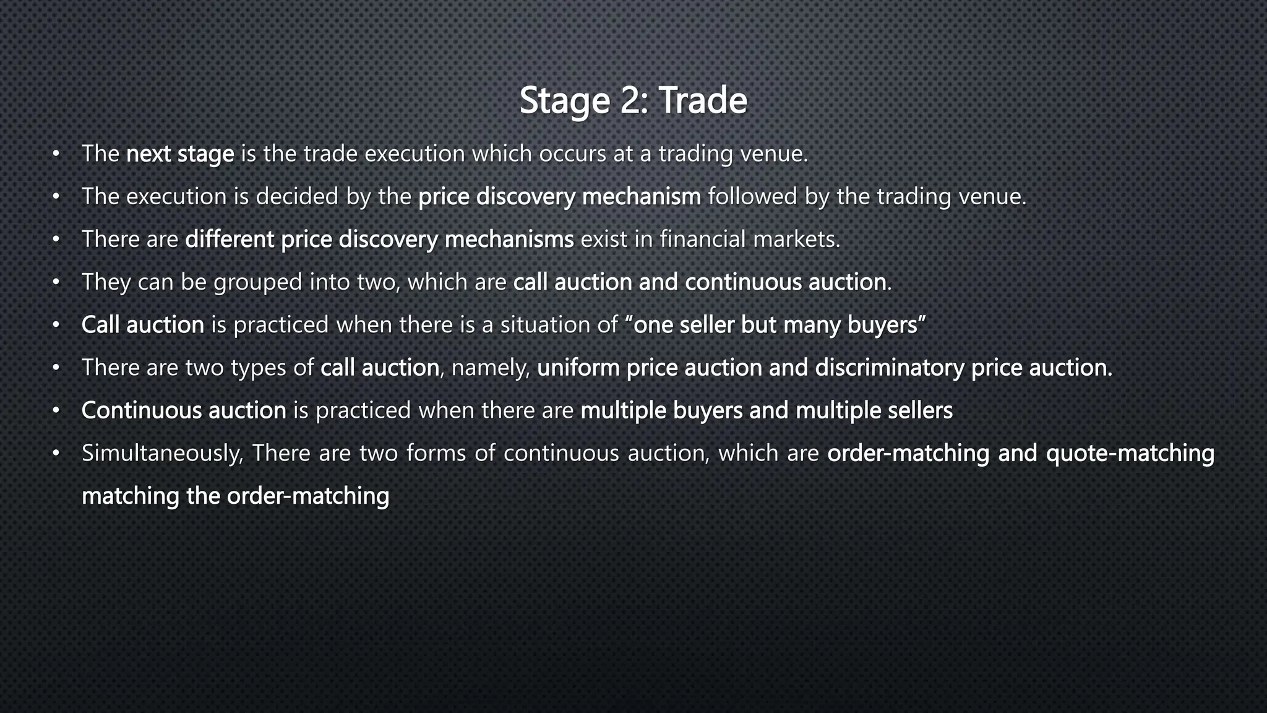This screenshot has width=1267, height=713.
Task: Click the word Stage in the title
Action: tap(565, 101)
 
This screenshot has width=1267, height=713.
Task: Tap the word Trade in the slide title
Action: tap(703, 100)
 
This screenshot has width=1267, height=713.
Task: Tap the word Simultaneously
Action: tap(163, 454)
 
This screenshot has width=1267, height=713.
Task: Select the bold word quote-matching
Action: tap(1130, 453)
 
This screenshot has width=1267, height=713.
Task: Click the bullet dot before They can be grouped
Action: tap(56, 282)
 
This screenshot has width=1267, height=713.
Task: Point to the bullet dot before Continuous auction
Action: tap(56, 410)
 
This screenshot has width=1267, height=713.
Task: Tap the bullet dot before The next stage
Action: tap(56, 153)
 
